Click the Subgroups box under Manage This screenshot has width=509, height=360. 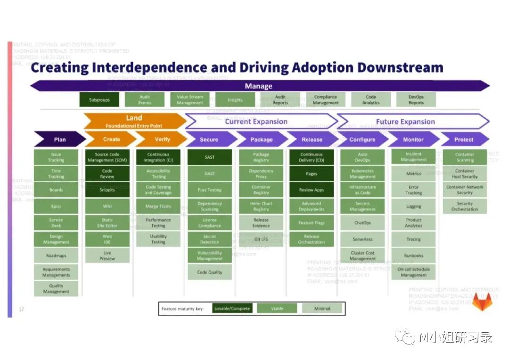(99, 100)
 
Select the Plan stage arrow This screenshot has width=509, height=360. (60, 139)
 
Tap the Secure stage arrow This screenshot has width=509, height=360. (209, 139)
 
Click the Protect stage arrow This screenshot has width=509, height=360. (464, 139)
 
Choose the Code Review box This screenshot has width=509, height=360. (107, 174)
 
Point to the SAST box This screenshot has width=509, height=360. (210, 157)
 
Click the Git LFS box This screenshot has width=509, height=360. (261, 239)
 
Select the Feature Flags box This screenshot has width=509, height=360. (312, 223)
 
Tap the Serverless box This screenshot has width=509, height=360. (362, 239)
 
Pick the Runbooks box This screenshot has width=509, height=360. (413, 256)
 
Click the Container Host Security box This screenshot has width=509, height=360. (465, 174)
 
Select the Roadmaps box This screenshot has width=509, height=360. (56, 256)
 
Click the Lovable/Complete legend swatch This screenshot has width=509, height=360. (232, 309)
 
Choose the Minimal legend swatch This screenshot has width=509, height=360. (322, 309)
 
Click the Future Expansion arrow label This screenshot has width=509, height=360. (405, 122)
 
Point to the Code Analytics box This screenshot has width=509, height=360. (371, 100)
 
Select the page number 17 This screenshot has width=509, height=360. (21, 310)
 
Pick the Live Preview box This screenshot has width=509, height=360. (107, 256)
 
